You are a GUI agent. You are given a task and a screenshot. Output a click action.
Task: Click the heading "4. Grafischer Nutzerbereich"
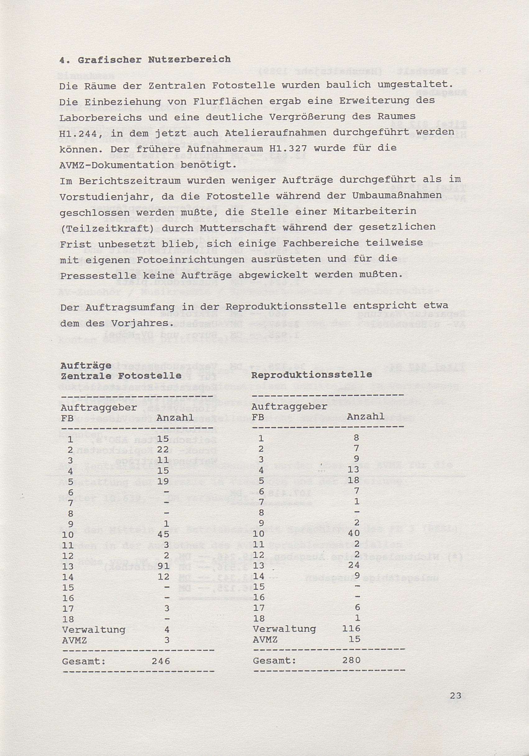click(145, 60)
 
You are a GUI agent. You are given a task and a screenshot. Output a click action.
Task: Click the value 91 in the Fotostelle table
click(163, 566)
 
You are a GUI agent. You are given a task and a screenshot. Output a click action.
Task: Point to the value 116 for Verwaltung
click(351, 629)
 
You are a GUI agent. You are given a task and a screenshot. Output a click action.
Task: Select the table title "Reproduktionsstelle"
click(311, 374)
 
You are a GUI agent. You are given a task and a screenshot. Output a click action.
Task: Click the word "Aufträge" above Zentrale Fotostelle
click(86, 366)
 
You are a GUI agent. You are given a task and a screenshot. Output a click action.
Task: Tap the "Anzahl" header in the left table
click(175, 418)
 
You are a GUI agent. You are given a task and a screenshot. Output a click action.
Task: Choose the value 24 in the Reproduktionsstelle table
click(354, 565)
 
